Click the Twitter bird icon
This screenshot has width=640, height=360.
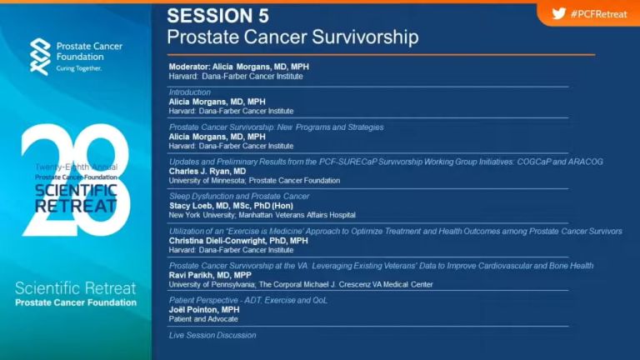(559, 13)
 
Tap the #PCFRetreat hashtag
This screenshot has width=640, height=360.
(599, 14)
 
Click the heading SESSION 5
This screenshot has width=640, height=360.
(218, 16)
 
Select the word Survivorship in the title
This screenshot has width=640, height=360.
(365, 37)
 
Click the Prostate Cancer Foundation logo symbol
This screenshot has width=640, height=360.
(40, 57)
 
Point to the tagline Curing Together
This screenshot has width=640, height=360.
(79, 68)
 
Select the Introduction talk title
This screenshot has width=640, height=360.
(190, 92)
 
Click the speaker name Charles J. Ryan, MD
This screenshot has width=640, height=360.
(207, 171)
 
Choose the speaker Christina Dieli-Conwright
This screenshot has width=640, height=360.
(222, 241)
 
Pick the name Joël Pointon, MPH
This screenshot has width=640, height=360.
(204, 310)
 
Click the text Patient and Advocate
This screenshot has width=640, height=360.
(203, 319)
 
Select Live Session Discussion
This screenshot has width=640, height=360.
(212, 335)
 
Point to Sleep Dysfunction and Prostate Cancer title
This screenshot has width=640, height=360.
(239, 197)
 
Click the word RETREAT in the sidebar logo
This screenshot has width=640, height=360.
(76, 206)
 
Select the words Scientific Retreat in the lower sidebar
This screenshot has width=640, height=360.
(76, 288)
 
